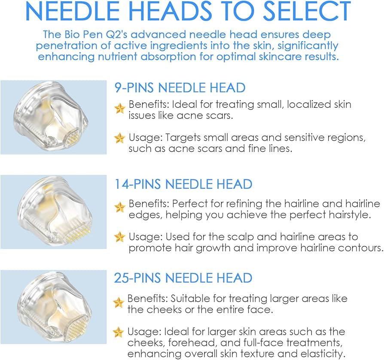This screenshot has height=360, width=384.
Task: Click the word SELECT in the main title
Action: point(307,11)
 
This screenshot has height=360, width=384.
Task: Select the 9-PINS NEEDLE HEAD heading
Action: point(180,88)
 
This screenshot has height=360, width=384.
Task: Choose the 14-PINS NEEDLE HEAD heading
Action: point(183,184)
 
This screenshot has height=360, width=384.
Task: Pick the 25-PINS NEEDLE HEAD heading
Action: point(183,278)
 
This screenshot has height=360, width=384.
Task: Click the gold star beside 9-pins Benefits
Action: point(120,108)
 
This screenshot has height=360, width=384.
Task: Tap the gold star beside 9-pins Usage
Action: point(120,138)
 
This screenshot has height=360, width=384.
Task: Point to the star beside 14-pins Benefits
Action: point(120,207)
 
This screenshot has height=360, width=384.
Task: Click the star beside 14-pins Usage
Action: point(120,236)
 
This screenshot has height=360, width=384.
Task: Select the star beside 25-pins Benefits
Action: point(119,303)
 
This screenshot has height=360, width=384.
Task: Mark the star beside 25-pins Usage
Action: point(119,332)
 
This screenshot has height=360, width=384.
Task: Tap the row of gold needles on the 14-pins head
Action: point(78,233)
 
